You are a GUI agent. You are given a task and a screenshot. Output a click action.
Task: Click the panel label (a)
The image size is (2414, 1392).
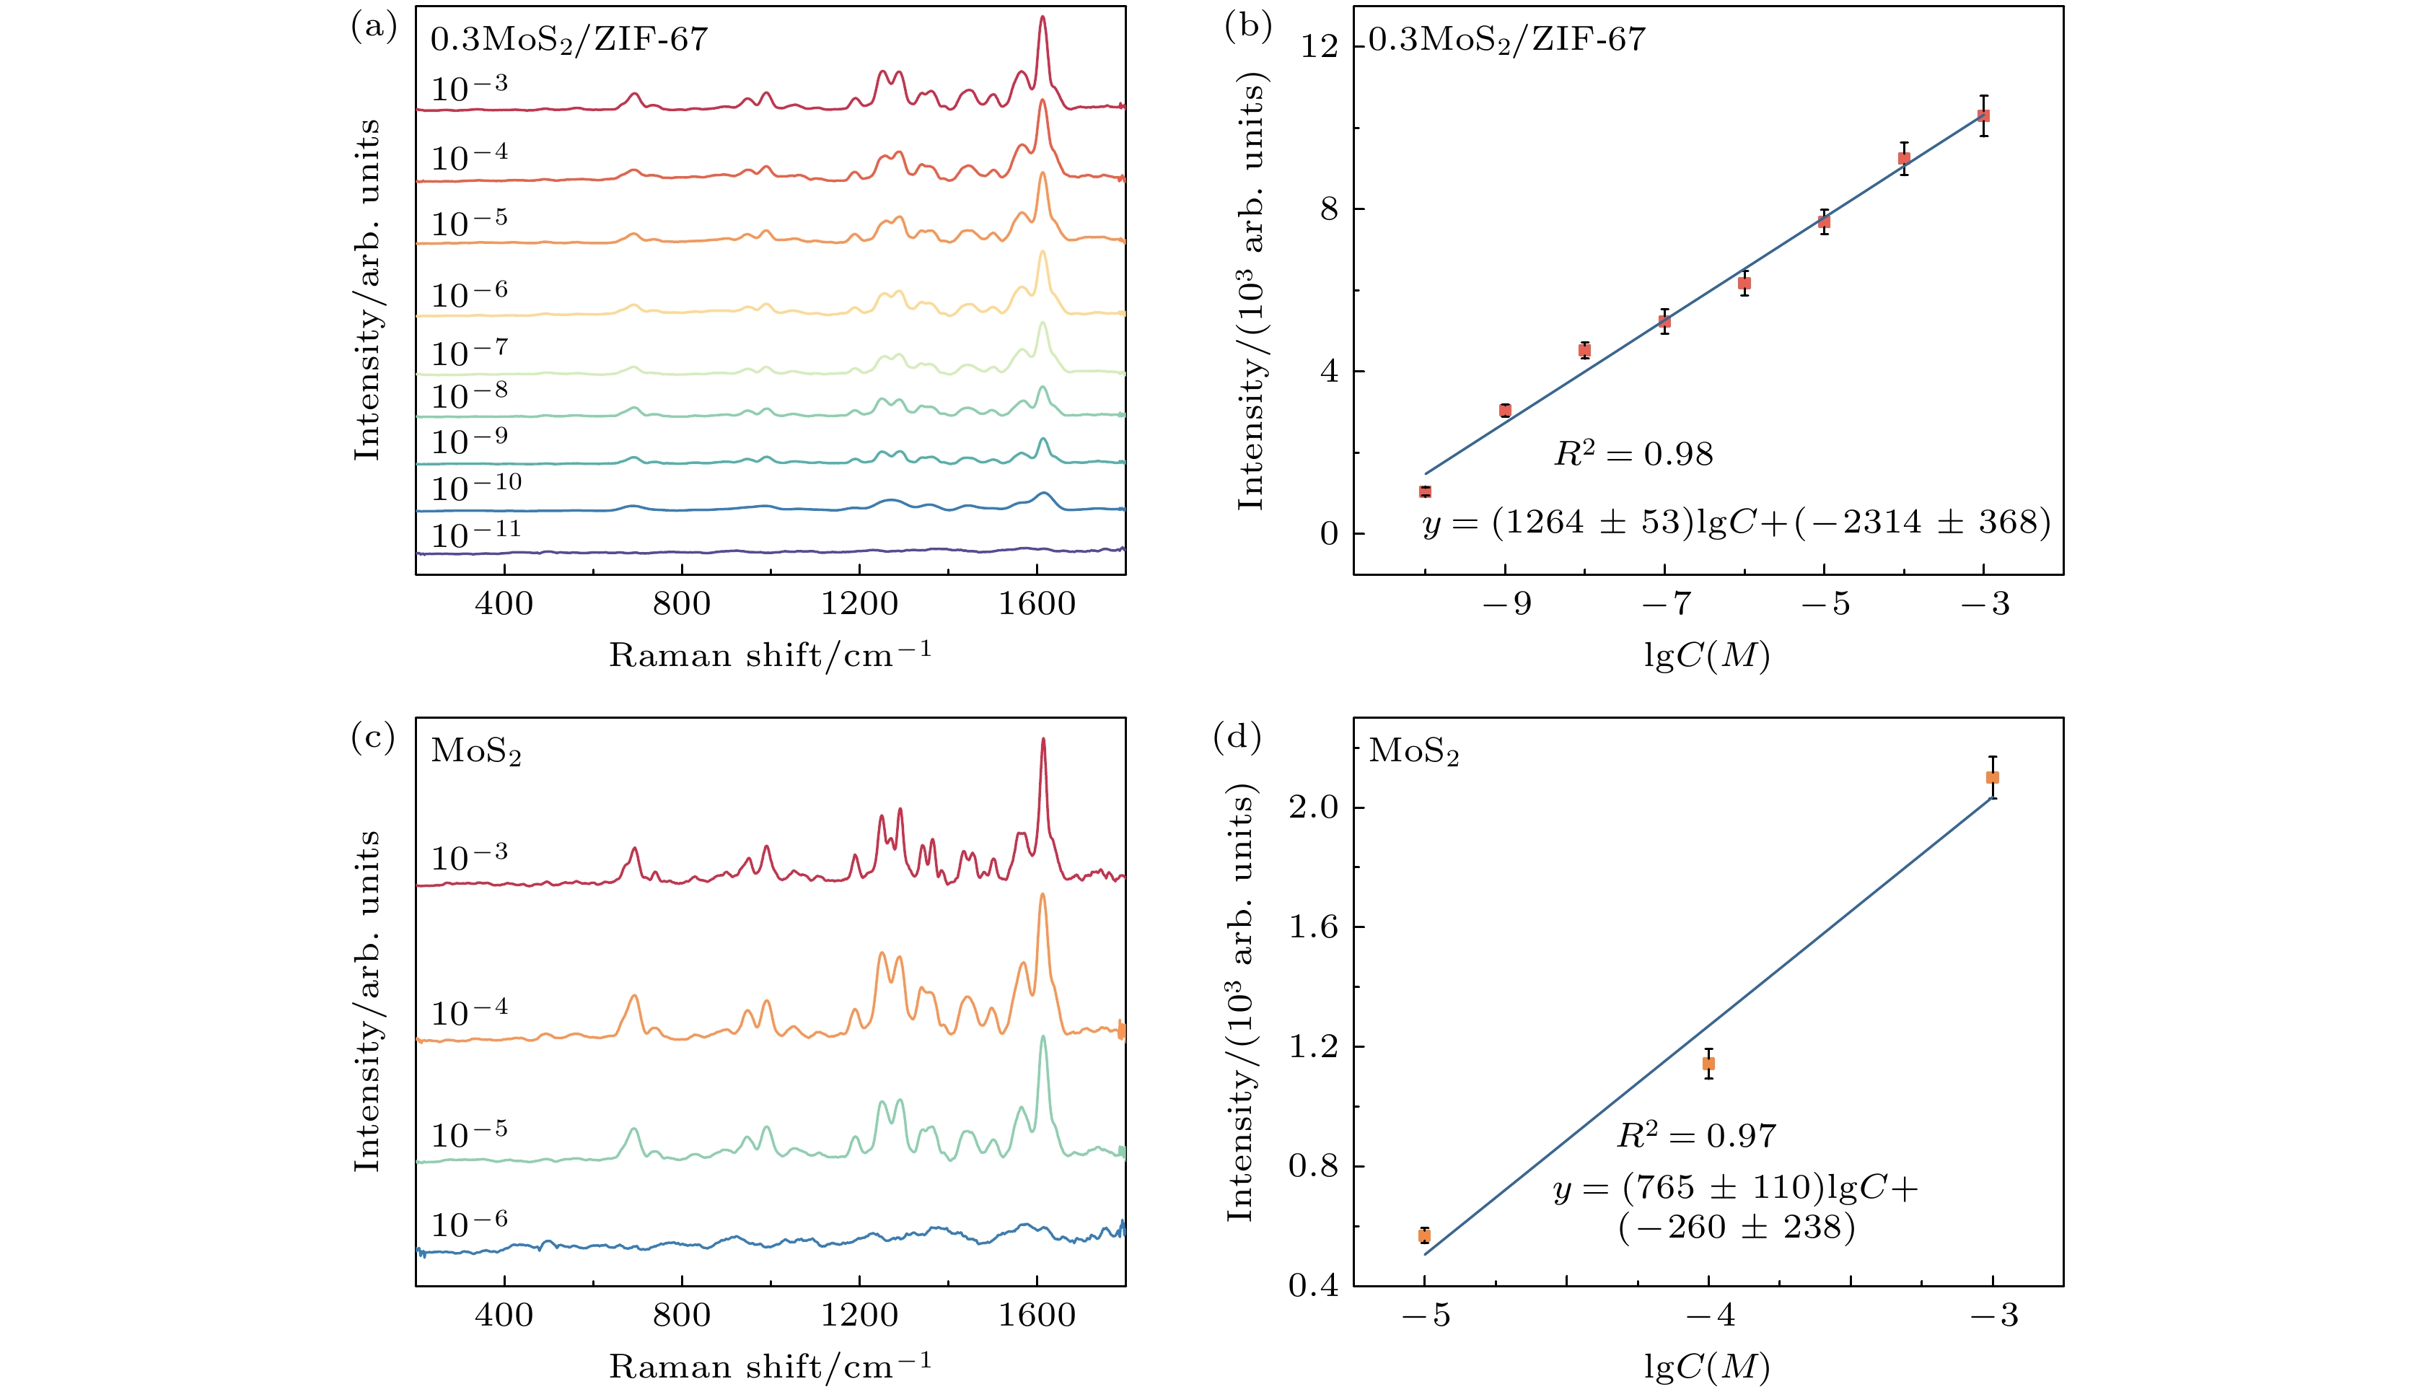click(374, 27)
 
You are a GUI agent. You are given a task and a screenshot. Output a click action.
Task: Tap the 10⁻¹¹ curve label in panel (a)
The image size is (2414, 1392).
click(475, 533)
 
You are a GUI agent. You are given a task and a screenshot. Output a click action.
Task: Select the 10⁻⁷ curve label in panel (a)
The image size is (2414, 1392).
click(468, 352)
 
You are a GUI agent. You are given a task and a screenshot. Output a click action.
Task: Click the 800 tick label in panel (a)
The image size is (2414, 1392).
click(681, 604)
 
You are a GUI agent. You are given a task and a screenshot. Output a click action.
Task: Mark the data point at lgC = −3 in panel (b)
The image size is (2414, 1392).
click(1984, 115)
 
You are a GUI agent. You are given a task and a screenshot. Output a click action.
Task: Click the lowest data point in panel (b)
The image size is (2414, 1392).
click(1425, 491)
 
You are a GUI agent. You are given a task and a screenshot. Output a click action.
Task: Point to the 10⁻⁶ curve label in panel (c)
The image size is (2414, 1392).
click(468, 1224)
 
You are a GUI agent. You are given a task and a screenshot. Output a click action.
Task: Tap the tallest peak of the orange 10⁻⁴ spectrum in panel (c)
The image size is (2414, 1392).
click(1043, 896)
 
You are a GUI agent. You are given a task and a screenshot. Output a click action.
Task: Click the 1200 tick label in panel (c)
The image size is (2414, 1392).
click(859, 1316)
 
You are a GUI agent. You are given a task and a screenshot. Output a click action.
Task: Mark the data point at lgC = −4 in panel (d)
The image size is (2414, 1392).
click(1708, 1063)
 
